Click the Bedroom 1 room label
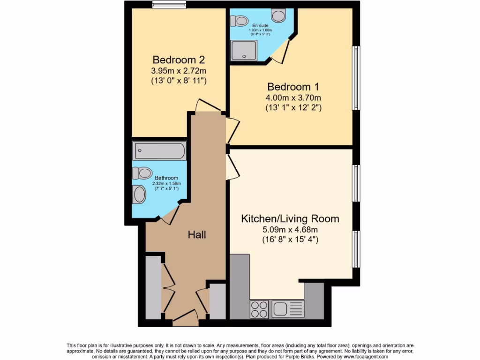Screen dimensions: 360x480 click(289, 87)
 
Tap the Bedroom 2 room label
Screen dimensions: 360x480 click(179, 60)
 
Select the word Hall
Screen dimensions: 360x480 click(197, 234)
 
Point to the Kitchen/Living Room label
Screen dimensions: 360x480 click(290, 218)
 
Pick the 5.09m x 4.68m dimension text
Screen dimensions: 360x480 click(290, 230)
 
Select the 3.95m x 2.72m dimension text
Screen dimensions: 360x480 click(179, 71)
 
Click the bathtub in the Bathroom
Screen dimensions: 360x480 click(159, 151)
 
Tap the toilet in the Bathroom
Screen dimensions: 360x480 click(142, 173)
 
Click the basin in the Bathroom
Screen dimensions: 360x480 click(140, 194)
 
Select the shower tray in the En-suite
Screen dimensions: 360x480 click(244, 50)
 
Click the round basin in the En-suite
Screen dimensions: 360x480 click(278, 16)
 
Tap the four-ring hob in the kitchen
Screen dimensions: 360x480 click(260, 308)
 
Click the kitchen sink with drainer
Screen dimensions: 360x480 click(288, 308)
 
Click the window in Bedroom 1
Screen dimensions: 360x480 click(356, 78)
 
